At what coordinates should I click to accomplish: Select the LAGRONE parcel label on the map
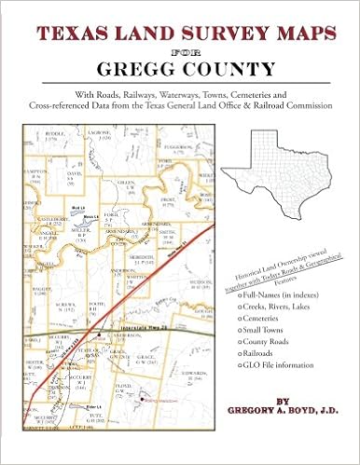115,133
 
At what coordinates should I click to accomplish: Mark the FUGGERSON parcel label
172,147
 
